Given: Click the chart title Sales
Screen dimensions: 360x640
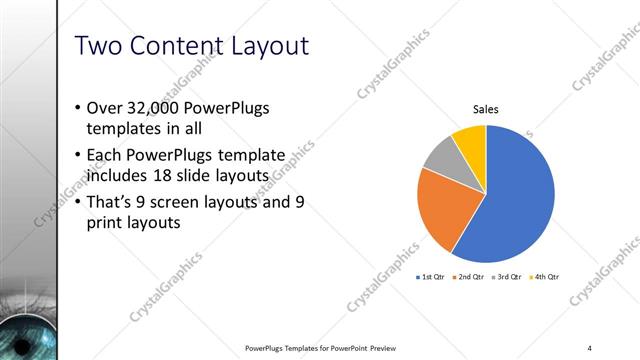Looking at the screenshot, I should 486,110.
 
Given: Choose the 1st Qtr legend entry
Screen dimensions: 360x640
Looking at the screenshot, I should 431,276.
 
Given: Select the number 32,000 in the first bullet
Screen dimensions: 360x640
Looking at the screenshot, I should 151,108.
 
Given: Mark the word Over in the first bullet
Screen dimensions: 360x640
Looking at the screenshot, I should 105,108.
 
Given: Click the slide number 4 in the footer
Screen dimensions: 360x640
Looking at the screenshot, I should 589,348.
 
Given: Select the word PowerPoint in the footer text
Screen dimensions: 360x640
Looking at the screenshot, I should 343,348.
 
